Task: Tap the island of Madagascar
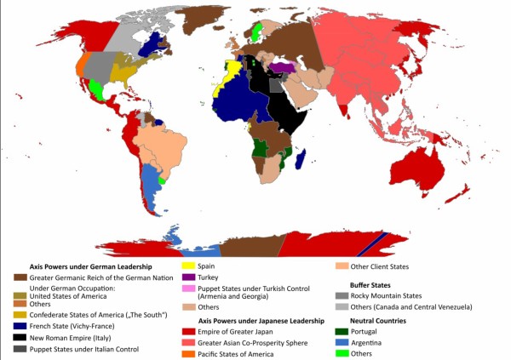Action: [x=301, y=159]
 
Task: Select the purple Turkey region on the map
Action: [x=281, y=67]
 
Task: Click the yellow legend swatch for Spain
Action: [x=187, y=266]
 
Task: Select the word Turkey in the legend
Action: [x=208, y=277]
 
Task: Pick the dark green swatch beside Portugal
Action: [x=342, y=331]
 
